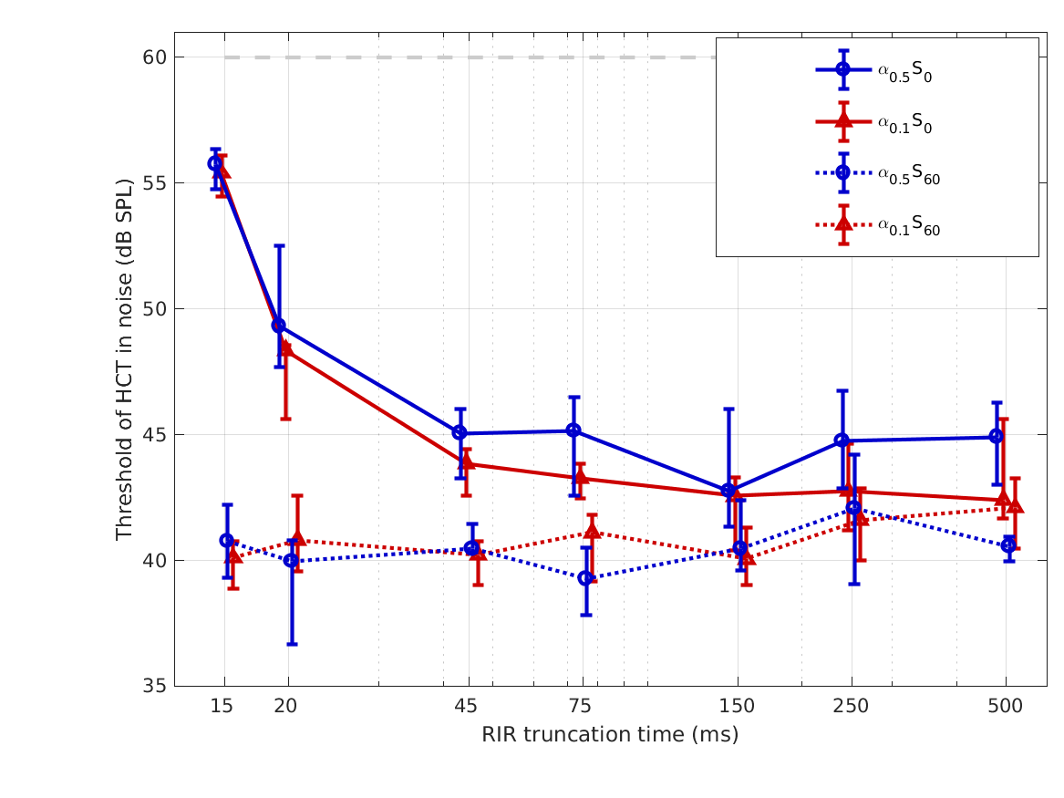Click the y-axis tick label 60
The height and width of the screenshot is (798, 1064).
pyautogui.click(x=155, y=57)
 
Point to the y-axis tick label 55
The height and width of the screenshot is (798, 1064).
pyautogui.click(x=155, y=183)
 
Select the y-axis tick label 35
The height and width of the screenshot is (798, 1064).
pyautogui.click(x=155, y=686)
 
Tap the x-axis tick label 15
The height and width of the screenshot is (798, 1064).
pyautogui.click(x=222, y=706)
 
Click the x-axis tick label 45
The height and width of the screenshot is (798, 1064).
pyautogui.click(x=466, y=706)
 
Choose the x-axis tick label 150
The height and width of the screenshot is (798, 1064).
pyautogui.click(x=737, y=706)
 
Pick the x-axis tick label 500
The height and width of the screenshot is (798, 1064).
pyautogui.click(x=1006, y=706)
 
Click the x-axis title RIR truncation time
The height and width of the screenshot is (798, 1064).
pyautogui.click(x=610, y=735)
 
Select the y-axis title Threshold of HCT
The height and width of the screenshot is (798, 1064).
pyautogui.click(x=125, y=359)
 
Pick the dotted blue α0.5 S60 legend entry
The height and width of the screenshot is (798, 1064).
pyautogui.click(x=908, y=174)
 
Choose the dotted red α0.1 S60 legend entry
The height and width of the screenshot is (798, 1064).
pyautogui.click(x=908, y=226)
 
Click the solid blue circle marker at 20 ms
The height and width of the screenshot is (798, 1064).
pyautogui.click(x=279, y=326)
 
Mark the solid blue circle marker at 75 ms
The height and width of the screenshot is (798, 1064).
pyautogui.click(x=573, y=430)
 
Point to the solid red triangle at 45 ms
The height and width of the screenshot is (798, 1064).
pyautogui.click(x=467, y=462)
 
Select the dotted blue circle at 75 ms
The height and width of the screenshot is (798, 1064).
pyautogui.click(x=586, y=577)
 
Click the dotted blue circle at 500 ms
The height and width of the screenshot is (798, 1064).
pyautogui.click(x=1008, y=545)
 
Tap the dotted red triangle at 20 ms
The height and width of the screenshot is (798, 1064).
pyautogui.click(x=297, y=540)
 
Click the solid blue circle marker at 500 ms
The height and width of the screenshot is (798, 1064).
pyautogui.click(x=997, y=436)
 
